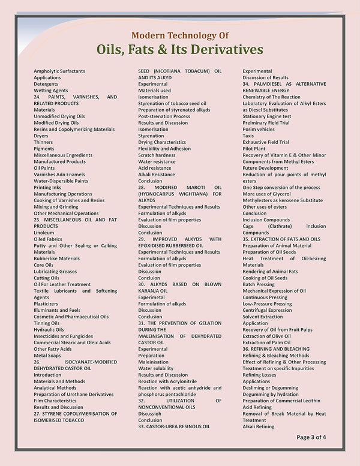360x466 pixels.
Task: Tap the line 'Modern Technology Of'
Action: point(180,35)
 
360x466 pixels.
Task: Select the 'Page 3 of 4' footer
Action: point(311,437)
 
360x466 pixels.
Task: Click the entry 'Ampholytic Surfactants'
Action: point(59,71)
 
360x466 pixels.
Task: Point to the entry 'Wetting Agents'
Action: point(50,91)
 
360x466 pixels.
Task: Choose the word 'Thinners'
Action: point(44,142)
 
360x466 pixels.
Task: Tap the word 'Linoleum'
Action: point(44,233)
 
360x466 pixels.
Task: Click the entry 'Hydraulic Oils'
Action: point(49,329)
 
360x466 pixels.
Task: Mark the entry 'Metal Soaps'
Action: point(47,355)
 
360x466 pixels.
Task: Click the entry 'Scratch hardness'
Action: point(157,155)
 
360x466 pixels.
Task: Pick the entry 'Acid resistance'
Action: point(154,168)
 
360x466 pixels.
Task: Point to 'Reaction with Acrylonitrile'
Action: point(167,381)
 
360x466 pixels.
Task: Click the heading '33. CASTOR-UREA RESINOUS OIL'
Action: point(174,426)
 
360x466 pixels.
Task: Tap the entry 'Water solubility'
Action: point(155,368)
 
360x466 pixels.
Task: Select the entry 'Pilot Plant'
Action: point(254,149)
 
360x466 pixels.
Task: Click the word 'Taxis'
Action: point(248,136)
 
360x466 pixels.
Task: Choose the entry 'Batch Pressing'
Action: point(259,284)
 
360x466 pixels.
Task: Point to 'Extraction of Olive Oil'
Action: point(266,336)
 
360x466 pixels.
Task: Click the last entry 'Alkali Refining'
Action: point(259,426)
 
